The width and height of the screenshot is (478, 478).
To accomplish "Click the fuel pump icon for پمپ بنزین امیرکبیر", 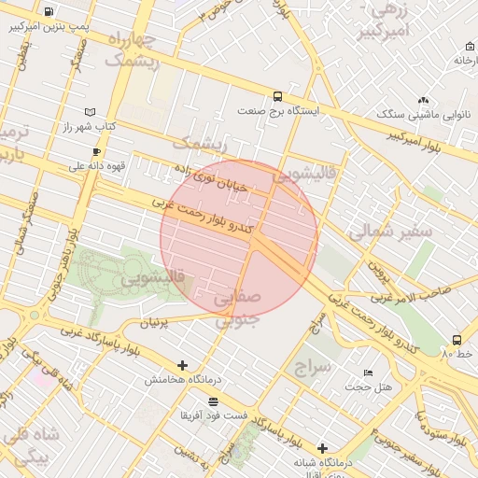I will pos(49,12).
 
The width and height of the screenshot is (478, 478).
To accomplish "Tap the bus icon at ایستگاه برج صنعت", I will pos(277,96).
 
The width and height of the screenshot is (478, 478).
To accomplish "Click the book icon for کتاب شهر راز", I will pos(90,112).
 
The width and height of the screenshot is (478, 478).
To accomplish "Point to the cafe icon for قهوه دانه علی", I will pos(96,151).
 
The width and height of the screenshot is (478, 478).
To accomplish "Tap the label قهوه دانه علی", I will pos(96,166).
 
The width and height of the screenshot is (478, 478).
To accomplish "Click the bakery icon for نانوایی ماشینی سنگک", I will pos(423,100).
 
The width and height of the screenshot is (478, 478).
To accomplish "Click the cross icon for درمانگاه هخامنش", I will pos(182,365).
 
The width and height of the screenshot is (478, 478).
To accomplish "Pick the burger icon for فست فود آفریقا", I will pos(214,400).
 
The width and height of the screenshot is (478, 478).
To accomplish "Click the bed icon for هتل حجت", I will pos(368,372).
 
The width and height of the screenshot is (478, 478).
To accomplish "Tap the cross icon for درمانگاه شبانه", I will pos(322,448).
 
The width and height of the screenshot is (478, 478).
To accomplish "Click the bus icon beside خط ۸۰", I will pos(457,340).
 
